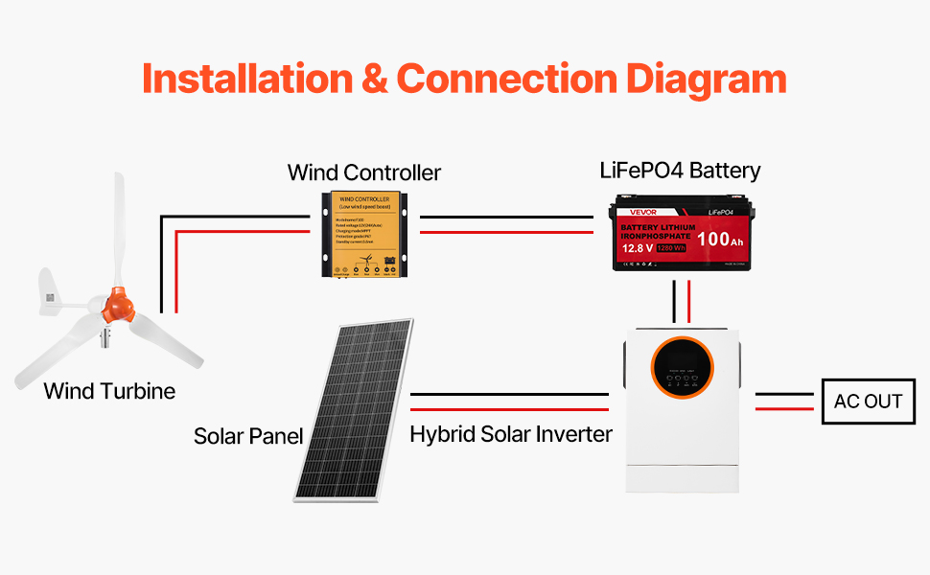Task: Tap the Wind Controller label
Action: [x=364, y=172]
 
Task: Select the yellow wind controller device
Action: [x=364, y=234]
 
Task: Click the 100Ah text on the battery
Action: [x=720, y=240]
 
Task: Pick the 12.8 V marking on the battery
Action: [x=638, y=248]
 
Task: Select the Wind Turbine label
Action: [x=109, y=391]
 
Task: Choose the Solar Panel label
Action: [x=248, y=436]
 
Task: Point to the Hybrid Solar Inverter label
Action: [x=511, y=434]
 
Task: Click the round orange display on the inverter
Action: [x=683, y=370]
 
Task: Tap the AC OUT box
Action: [x=869, y=402]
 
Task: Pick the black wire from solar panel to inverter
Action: [x=509, y=394]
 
